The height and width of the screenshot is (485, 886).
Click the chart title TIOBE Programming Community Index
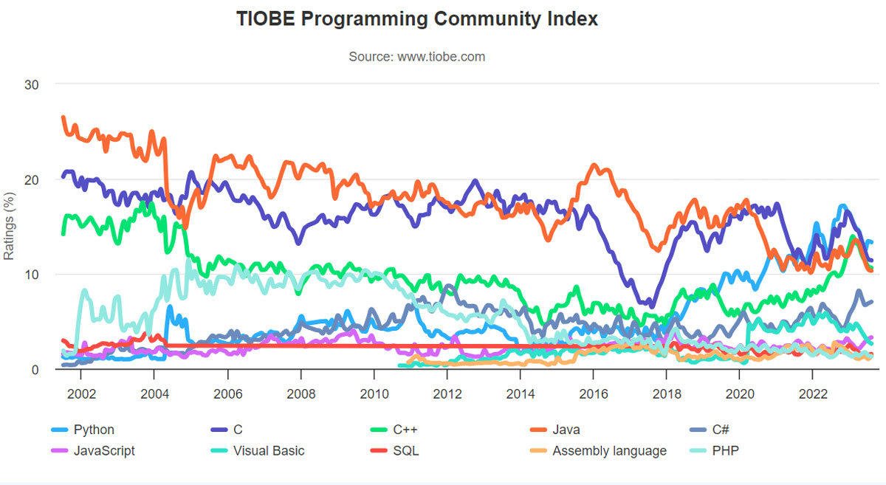(x=417, y=19)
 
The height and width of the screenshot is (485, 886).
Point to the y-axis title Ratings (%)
(x=9, y=227)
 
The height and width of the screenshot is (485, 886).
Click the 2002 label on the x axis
(x=80, y=393)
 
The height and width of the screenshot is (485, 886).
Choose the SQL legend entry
(x=406, y=450)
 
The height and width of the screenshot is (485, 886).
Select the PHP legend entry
(x=724, y=450)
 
